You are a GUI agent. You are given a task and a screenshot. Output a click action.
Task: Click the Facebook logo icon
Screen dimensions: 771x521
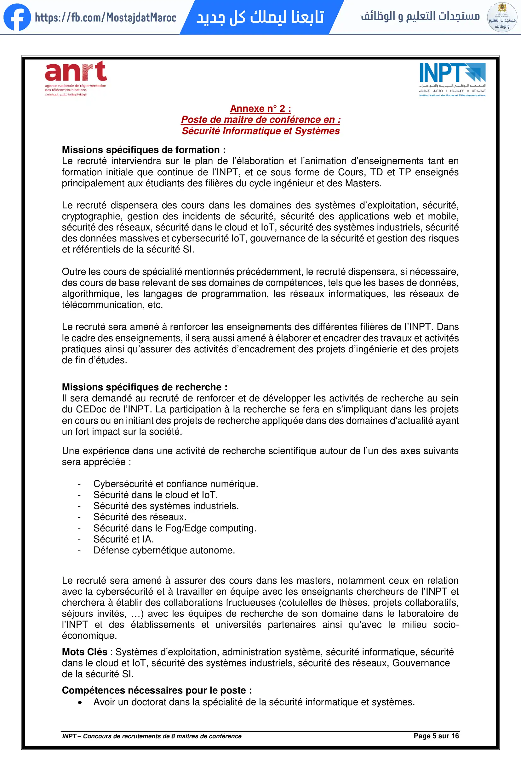(x=17, y=17)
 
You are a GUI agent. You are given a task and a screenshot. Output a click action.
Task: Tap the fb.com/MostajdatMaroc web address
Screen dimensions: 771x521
(x=105, y=17)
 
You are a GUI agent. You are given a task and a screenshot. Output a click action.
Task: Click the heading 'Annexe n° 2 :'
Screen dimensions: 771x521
(x=260, y=109)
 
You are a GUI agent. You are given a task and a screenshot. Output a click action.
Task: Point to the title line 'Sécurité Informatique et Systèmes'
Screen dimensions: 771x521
(x=260, y=131)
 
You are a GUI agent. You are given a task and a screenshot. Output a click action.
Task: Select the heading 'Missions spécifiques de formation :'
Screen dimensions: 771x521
(x=144, y=150)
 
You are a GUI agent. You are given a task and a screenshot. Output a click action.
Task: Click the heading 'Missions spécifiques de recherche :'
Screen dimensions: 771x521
(x=145, y=387)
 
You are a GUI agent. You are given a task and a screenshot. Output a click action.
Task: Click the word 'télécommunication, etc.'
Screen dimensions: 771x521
(x=112, y=305)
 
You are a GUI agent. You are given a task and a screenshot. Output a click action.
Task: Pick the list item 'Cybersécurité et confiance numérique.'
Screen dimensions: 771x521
(x=175, y=484)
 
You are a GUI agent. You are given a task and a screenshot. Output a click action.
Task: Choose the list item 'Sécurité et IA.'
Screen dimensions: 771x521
(x=123, y=539)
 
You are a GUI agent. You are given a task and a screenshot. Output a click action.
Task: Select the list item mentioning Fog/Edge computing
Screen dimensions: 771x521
(x=175, y=528)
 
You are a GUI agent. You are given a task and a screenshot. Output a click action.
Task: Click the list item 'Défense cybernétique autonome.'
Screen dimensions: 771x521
(x=164, y=550)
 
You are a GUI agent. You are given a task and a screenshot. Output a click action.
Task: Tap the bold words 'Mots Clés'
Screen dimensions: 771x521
(x=85, y=652)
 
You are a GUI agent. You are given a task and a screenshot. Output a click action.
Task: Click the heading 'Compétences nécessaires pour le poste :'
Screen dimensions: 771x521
(x=157, y=690)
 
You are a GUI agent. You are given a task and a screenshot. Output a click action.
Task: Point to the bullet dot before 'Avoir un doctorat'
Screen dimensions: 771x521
(x=80, y=702)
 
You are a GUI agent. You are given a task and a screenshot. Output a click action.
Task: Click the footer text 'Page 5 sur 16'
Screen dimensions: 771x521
(x=436, y=736)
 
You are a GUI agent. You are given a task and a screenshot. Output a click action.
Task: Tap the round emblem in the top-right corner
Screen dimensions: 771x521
(x=502, y=17)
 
